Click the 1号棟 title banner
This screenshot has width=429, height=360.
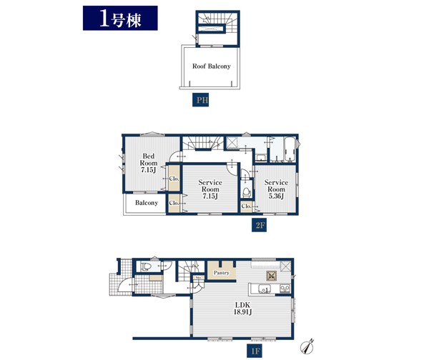pos(120,18)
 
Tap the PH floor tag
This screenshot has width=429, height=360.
pos(200,100)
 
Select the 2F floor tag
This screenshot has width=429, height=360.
pos(259,225)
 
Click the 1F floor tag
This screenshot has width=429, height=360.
pos(255,351)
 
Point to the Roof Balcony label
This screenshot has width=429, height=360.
pos(211,66)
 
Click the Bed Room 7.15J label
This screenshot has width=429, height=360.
pos(148,163)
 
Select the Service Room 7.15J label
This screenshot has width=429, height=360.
pos(210,189)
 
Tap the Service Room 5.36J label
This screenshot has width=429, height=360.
pos(276,189)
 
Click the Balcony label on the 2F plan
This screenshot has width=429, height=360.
pos(147,203)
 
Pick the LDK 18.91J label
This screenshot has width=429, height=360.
pos(242,309)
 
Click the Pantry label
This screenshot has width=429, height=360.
pos(222,273)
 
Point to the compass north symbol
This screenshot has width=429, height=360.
pos(307,346)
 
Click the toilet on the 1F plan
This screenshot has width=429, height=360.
pos(145,266)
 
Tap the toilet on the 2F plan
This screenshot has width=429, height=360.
pos(247,192)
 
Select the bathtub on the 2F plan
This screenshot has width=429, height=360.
pos(289,149)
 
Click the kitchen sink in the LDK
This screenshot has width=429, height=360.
pos(264,289)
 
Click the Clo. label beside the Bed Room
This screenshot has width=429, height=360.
pos(174,179)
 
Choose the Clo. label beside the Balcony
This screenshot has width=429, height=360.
pos(174,203)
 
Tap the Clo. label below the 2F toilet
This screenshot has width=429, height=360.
pos(246,206)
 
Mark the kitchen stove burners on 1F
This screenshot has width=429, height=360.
pos(285,289)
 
